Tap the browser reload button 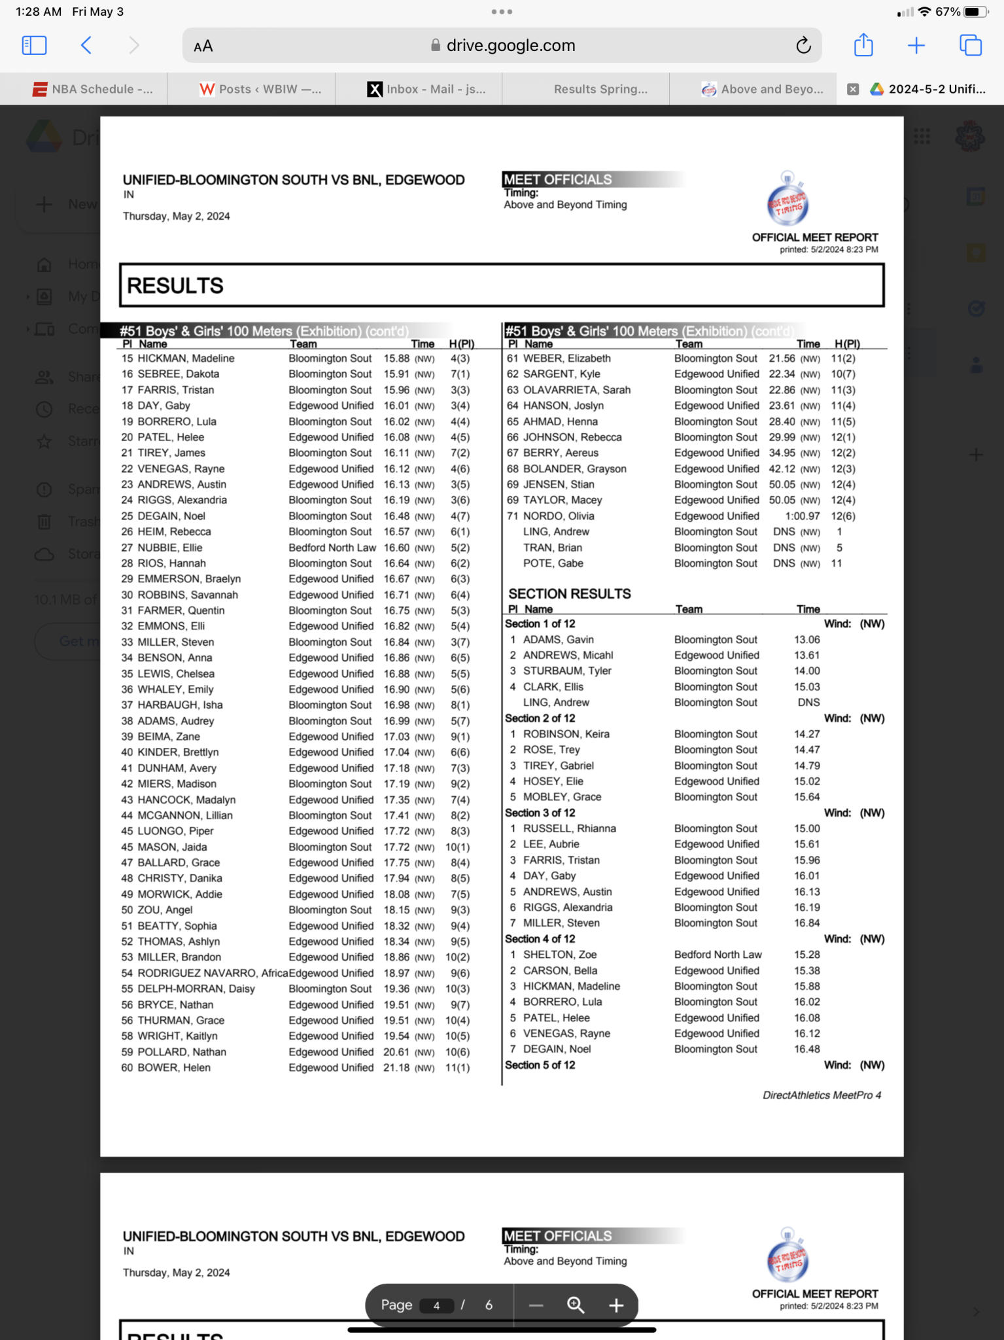803,46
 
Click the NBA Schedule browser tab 93,90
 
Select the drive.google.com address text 510,46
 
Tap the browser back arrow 86,46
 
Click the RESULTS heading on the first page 175,286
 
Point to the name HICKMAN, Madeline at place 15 186,359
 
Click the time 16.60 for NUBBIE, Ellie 396,548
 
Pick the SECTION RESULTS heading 570,594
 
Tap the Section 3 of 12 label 540,813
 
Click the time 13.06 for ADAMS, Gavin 807,640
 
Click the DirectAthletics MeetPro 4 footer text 822,1095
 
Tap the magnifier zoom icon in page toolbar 576,1305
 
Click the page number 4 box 436,1305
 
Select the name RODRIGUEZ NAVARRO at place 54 197,973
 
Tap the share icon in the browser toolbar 863,46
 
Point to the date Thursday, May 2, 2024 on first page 177,217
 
